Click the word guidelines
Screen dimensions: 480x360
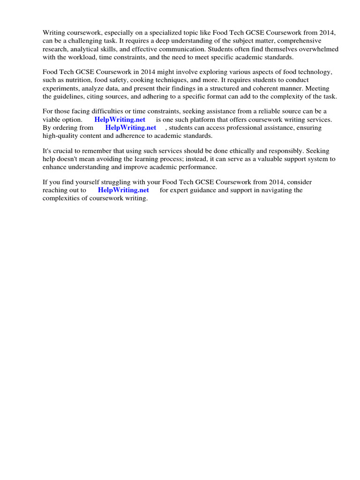[x=70, y=96]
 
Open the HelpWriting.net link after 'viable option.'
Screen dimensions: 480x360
[x=120, y=120]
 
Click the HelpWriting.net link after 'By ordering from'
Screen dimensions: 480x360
[x=130, y=127]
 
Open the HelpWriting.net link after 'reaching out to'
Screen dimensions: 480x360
[x=123, y=190]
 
